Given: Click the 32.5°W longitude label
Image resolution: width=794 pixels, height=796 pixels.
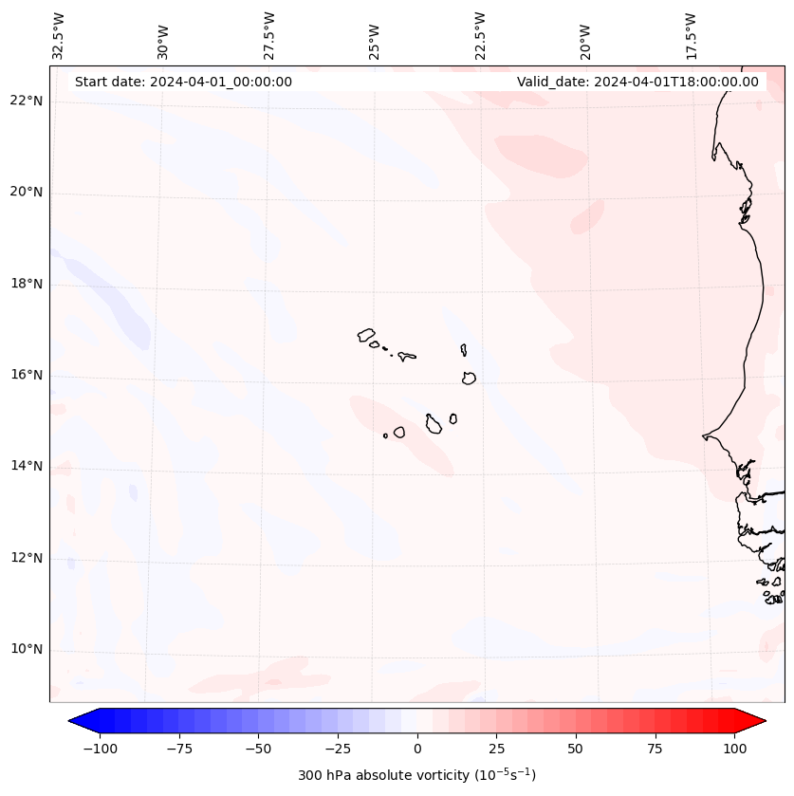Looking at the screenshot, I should pos(59,35).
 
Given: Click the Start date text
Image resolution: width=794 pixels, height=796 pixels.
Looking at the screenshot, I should pos(183,82).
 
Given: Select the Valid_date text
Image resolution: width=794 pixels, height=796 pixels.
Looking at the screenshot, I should pos(637,82).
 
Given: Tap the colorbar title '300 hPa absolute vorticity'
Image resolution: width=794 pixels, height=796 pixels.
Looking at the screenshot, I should pos(416,776).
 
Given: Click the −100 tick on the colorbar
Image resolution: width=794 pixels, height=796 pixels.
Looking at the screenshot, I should pos(101,749).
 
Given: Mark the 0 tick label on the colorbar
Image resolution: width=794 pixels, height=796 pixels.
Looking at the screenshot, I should pos(417,749).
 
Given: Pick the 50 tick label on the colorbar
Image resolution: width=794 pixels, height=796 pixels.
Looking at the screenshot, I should pos(576,749).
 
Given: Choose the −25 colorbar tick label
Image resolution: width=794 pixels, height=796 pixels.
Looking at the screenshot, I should pos(338,749).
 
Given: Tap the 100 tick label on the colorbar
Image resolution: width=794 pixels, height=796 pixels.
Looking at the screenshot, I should pos(733,749).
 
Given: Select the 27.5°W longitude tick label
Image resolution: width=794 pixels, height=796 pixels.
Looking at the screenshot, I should pos(269,35).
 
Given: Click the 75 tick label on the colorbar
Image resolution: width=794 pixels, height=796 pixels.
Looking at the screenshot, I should pos(655,749).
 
